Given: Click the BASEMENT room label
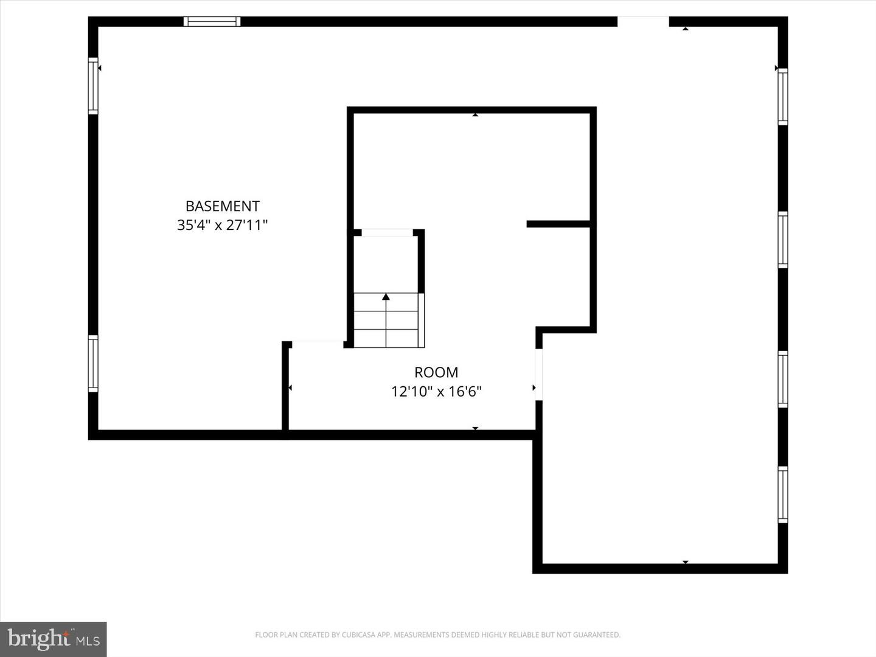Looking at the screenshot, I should [222, 206].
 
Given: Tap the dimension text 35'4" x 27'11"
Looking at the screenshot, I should [222, 226].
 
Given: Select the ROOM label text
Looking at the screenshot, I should [436, 372].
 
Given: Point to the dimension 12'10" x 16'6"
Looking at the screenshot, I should [436, 391].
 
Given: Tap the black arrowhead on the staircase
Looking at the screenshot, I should [386, 297].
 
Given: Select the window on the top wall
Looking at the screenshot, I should [212, 22].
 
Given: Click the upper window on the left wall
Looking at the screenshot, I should [93, 86].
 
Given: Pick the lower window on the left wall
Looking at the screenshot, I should [93, 363].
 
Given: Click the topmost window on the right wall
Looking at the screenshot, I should [783, 97].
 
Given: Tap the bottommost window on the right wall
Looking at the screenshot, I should [783, 495].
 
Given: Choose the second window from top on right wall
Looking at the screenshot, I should [783, 240].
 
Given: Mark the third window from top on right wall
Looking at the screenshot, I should [783, 379].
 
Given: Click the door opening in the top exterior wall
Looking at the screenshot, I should [643, 22].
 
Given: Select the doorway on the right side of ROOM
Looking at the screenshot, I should [538, 374].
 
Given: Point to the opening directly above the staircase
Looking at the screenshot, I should [388, 232].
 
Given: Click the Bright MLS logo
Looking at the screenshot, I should [54, 639].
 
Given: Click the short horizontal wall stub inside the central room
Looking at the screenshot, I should [558, 224].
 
